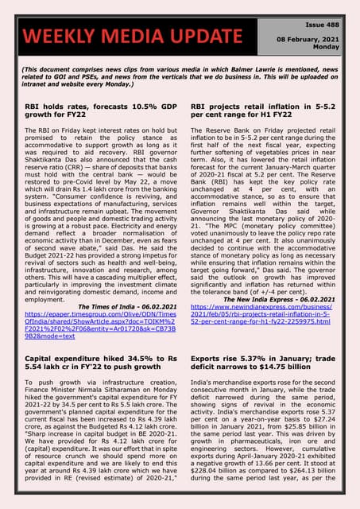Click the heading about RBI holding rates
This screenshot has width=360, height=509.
[97, 110]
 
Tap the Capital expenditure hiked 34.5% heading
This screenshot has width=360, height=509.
[97, 364]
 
